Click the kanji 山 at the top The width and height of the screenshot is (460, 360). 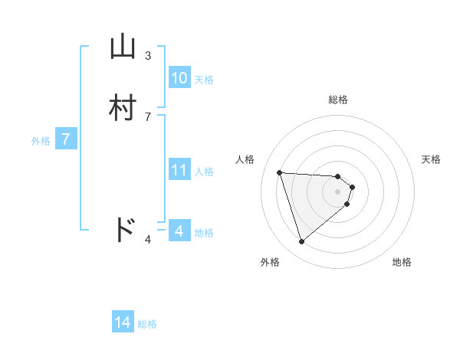(x=123, y=47)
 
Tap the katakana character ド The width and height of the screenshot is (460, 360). (x=123, y=229)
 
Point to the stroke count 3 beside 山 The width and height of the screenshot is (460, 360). (x=148, y=56)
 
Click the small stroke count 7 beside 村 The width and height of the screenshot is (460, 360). (x=148, y=117)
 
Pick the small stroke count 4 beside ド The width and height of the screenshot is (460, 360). (x=148, y=241)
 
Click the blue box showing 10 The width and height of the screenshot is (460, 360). (x=179, y=78)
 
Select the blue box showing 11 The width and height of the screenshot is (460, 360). (x=179, y=170)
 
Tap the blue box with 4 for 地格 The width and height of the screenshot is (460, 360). (x=179, y=231)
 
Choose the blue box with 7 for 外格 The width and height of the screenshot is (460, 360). (x=66, y=139)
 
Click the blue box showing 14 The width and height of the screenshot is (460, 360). (x=123, y=322)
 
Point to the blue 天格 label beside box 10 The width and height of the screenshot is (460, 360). (x=204, y=80)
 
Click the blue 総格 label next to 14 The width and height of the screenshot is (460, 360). (x=148, y=324)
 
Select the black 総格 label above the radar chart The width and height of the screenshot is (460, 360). (x=337, y=100)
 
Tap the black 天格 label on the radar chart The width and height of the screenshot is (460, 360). (x=431, y=159)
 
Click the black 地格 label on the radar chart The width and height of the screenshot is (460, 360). (x=402, y=262)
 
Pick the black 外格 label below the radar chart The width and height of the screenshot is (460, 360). (x=270, y=262)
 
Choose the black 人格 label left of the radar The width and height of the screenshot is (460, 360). (x=245, y=159)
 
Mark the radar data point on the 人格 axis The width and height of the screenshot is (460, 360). (x=280, y=172)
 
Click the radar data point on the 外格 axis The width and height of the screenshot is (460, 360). (x=301, y=242)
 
